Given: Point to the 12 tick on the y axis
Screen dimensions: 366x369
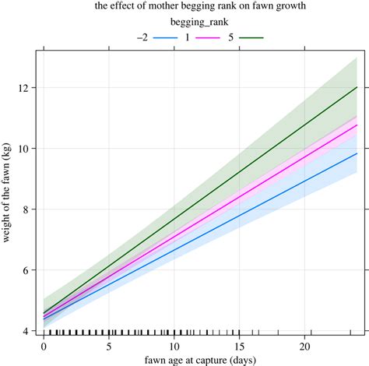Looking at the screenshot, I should (22, 88).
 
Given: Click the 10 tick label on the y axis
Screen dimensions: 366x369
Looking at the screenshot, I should (22, 149).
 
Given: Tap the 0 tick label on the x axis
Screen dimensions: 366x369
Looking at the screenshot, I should (44, 346).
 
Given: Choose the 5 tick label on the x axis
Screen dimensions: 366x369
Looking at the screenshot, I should (110, 346).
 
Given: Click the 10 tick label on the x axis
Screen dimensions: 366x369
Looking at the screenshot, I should (176, 346).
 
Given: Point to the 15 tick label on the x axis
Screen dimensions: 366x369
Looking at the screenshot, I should (242, 346).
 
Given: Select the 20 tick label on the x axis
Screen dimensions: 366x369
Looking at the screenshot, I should (308, 346).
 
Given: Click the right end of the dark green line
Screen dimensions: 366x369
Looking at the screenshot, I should (357, 87).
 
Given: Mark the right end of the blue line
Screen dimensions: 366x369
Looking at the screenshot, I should (357, 153).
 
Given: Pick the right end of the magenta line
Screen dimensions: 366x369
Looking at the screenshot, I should (357, 125).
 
